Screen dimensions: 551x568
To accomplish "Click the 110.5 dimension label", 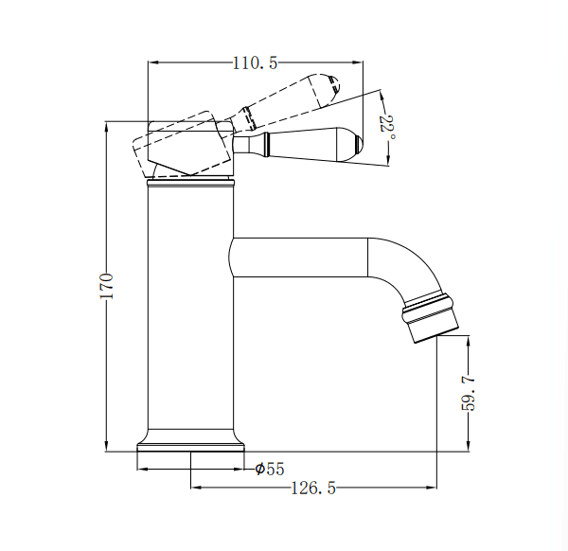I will coord(255,63).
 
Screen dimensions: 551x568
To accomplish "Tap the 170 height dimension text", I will coord(108,286).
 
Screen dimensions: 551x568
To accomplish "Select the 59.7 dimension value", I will coord(468,392).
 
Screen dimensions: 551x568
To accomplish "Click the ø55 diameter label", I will coord(270,469).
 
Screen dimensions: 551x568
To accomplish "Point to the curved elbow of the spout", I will coord(407,265).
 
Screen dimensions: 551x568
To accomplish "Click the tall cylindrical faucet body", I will coord(190,312).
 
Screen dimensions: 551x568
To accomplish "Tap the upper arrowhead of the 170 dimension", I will coord(108,125).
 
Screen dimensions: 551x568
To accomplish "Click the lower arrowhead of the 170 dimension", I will coord(108,448).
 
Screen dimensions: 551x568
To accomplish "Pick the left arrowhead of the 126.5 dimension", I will coord(196,489).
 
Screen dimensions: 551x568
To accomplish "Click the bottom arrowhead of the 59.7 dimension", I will coord(469,448).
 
